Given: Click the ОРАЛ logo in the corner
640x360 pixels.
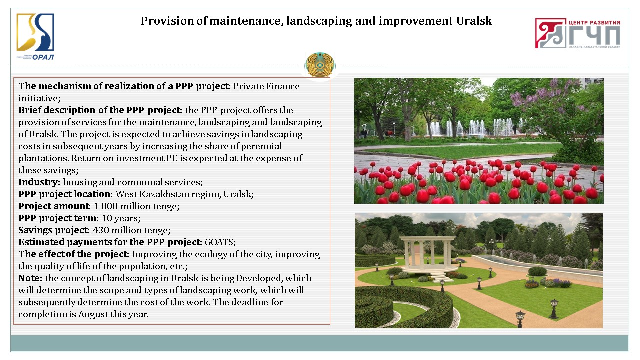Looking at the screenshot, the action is pyautogui.click(x=35, y=37).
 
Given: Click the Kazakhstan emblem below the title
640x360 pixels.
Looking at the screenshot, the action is pyautogui.click(x=320, y=65).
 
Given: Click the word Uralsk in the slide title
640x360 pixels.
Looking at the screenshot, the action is pyautogui.click(x=474, y=21).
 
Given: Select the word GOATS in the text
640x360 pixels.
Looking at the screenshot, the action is pyautogui.click(x=219, y=242).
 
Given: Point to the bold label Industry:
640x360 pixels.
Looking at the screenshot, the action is pyautogui.click(x=39, y=182).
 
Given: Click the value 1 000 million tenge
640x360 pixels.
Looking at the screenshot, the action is pyautogui.click(x=136, y=206).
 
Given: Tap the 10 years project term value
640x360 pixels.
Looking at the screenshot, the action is pyautogui.click(x=120, y=218).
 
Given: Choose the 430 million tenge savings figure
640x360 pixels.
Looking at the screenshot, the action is pyautogui.click(x=131, y=230).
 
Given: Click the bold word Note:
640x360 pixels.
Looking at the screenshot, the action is pyautogui.click(x=30, y=278).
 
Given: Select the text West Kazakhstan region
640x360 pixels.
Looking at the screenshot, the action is pyautogui.click(x=168, y=194).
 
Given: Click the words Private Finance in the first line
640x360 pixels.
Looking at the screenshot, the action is pyautogui.click(x=266, y=86).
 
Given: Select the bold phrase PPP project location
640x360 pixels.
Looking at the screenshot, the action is pyautogui.click(x=64, y=194).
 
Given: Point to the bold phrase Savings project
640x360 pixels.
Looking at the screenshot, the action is pyautogui.click(x=54, y=230).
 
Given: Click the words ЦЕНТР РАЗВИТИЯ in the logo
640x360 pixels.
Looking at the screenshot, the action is pyautogui.click(x=595, y=22).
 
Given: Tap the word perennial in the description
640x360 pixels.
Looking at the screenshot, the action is pyautogui.click(x=261, y=146).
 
